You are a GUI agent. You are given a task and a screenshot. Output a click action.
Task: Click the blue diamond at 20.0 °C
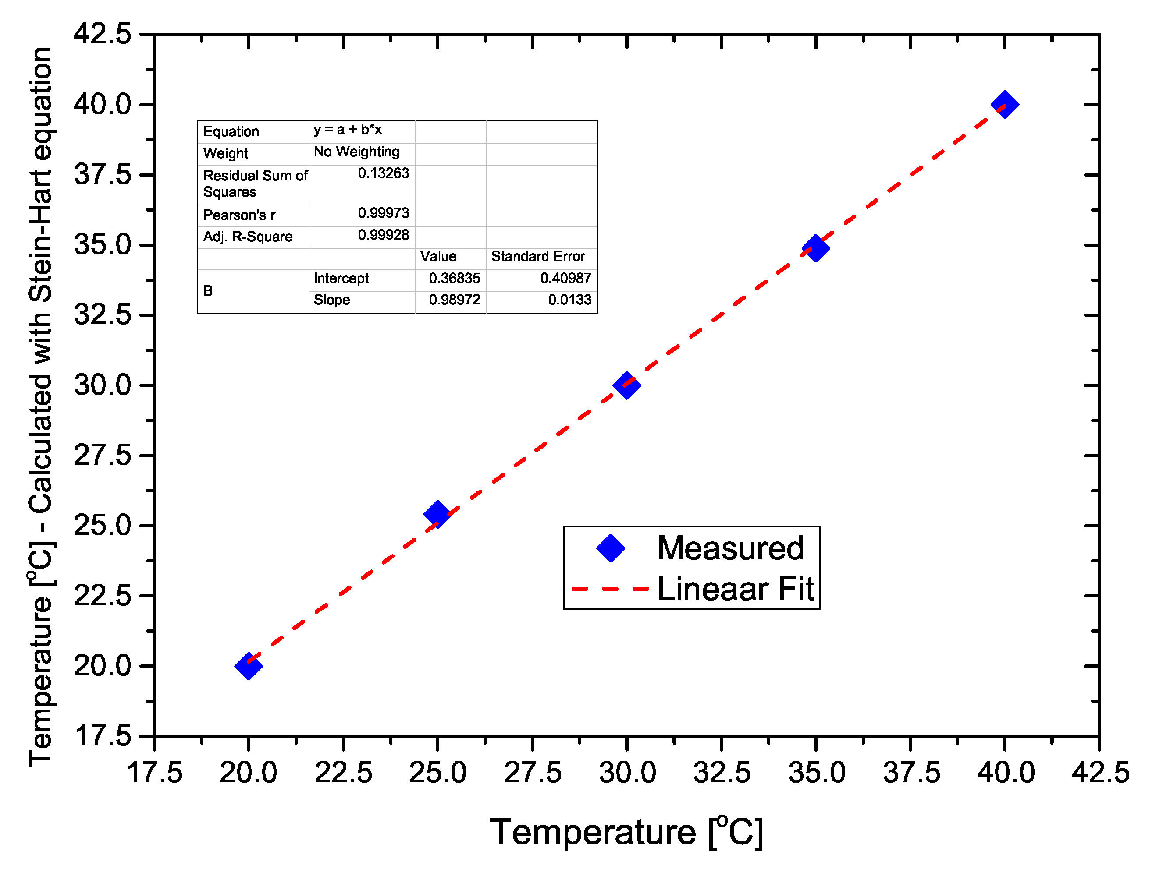point(249,666)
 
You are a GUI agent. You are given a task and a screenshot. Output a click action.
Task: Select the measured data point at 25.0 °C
point(437,514)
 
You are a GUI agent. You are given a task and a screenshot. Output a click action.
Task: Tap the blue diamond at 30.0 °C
point(626,385)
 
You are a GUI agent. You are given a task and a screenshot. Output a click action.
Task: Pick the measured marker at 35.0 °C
point(816,247)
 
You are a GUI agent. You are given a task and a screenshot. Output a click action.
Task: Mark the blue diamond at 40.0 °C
point(1005,105)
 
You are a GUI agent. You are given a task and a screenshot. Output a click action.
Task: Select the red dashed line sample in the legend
point(610,589)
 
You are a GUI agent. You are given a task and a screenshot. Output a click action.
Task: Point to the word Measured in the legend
point(730,548)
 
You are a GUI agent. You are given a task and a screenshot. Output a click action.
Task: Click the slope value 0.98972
point(454,300)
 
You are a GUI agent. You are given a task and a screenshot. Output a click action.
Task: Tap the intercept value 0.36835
point(454,279)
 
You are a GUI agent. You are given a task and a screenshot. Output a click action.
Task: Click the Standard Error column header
point(538,257)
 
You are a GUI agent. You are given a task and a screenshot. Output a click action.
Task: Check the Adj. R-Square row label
point(248,237)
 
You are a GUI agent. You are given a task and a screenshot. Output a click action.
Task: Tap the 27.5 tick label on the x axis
point(532,772)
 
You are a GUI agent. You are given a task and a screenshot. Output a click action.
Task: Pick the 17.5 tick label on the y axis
point(103,736)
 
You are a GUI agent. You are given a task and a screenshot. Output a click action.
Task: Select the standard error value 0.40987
point(565,279)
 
